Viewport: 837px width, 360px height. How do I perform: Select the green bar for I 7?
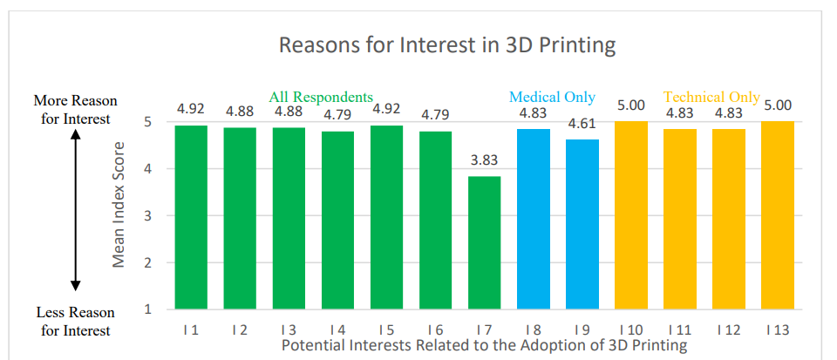click(x=484, y=242)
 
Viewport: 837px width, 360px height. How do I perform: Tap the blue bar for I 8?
click(x=533, y=219)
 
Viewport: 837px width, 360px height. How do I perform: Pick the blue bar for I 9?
click(x=582, y=224)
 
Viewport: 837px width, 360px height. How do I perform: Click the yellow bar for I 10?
click(x=630, y=215)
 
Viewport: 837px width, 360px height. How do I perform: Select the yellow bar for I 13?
click(x=777, y=215)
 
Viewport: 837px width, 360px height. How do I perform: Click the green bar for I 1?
click(x=191, y=217)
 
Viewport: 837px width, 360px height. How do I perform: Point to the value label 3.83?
click(x=484, y=160)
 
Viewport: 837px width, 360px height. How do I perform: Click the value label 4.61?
click(x=582, y=124)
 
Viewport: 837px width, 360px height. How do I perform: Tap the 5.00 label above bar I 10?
click(x=630, y=105)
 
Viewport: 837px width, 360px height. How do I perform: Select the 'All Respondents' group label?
click(x=321, y=97)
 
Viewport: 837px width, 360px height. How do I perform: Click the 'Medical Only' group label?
click(x=552, y=97)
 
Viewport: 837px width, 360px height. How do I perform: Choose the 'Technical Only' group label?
click(x=711, y=97)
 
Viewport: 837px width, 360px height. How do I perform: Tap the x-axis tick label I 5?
click(x=386, y=329)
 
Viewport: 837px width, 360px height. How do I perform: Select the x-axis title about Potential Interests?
click(x=484, y=345)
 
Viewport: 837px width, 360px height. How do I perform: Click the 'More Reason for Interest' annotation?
click(x=75, y=110)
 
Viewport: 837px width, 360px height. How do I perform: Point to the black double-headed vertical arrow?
click(x=75, y=210)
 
